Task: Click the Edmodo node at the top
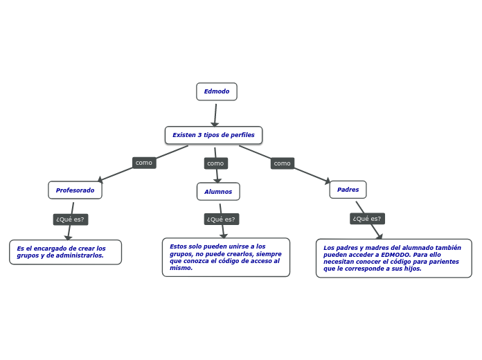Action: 216,91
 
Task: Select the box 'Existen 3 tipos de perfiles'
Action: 213,135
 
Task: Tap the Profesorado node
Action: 75,190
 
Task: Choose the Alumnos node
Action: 218,192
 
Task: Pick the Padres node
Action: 348,190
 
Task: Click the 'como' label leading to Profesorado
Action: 144,163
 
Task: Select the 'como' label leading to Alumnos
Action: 215,163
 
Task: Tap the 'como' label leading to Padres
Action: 282,163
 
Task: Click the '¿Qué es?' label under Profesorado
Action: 70,219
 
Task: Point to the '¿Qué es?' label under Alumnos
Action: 221,219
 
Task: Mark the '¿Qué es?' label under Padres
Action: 366,219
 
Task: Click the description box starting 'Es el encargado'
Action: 65,252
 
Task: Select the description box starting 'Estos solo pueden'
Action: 226,257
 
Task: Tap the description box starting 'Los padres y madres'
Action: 393,258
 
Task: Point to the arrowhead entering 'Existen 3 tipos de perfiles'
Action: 215,124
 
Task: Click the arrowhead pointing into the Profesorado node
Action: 100,179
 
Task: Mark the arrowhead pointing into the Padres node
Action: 328,181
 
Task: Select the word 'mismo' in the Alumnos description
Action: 180,268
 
